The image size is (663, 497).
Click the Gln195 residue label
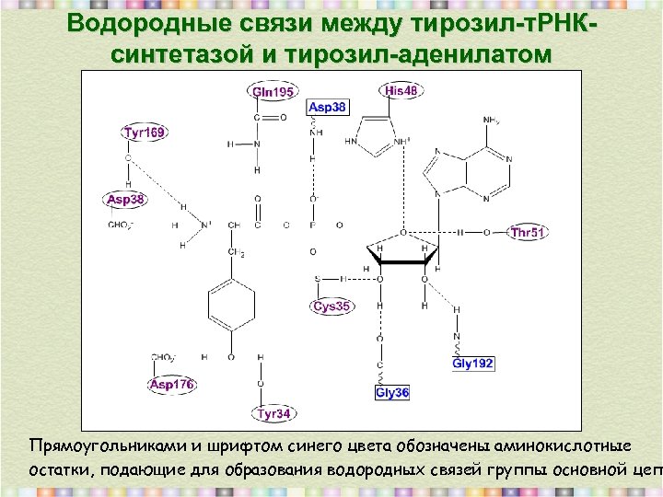pos(273,92)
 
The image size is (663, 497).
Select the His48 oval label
pos(401,90)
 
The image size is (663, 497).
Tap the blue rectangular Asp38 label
pos(327,108)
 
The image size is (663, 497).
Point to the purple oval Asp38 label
pos(125,200)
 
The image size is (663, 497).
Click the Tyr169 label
pos(145,133)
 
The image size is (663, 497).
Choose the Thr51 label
pos(528,233)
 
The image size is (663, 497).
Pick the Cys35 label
pos(331,306)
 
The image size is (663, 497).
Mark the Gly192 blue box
pos(473,364)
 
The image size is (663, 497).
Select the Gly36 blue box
pos(392,393)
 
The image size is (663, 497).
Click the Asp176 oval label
pos(172,385)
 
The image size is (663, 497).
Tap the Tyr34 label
pos(273,414)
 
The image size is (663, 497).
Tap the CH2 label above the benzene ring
pos(236,253)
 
